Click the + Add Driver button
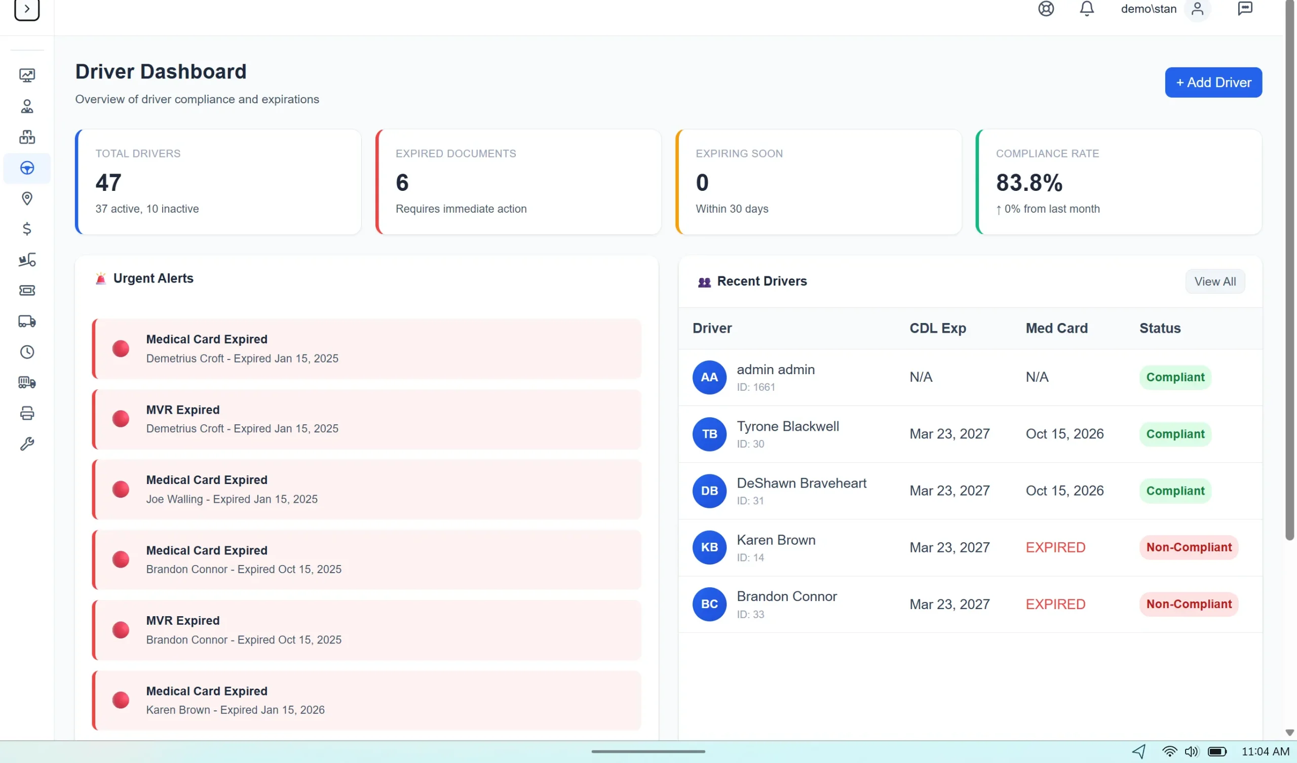(x=1213, y=83)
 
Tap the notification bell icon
(x=1087, y=9)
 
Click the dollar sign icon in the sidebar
(x=27, y=229)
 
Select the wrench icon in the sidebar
(x=27, y=444)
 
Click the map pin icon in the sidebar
(x=27, y=198)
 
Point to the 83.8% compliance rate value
(x=1029, y=183)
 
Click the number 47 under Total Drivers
(x=108, y=183)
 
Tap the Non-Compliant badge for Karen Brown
(x=1189, y=547)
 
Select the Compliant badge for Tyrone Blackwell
(x=1175, y=434)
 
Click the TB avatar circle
(x=709, y=434)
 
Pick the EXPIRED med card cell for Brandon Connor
(x=1055, y=604)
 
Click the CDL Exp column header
(x=938, y=328)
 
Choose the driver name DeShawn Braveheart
(x=802, y=483)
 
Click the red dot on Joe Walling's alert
(x=121, y=489)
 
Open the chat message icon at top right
(x=1244, y=9)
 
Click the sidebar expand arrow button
(x=27, y=9)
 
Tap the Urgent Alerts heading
(x=154, y=278)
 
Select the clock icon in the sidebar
(x=27, y=352)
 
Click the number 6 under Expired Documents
(x=402, y=183)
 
